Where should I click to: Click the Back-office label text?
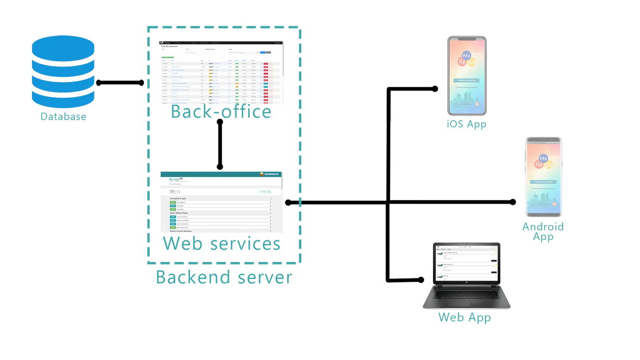(x=220, y=113)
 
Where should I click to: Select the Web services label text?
(x=222, y=244)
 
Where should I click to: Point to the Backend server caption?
(x=223, y=278)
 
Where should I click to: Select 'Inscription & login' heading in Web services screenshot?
(x=178, y=198)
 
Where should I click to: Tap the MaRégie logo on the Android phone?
(x=544, y=161)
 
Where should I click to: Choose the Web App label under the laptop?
(x=464, y=318)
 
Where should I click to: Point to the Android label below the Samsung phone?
(x=543, y=231)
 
